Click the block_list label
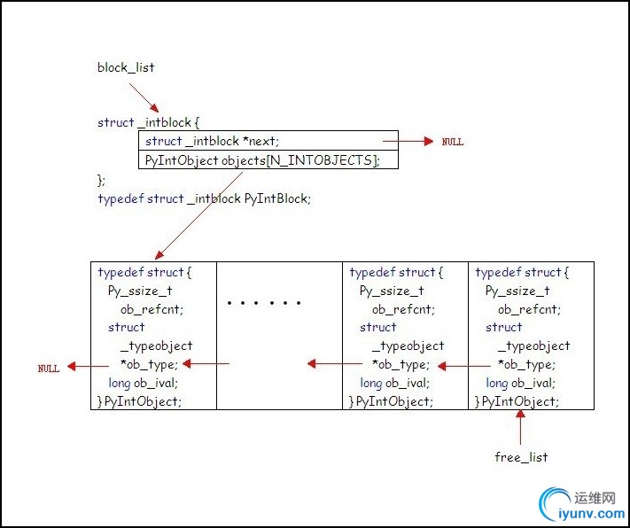[x=126, y=67]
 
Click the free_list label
[x=521, y=457]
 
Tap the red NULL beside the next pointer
[x=452, y=142]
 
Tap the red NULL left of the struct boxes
[x=49, y=368]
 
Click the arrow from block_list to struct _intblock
[x=144, y=100]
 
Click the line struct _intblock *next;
[x=212, y=141]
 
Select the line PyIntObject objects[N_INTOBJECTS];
[x=261, y=159]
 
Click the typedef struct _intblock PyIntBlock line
[x=204, y=198]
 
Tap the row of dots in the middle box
[x=264, y=303]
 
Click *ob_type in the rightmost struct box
[x=526, y=364]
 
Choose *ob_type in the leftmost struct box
[x=149, y=364]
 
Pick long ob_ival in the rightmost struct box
[x=521, y=383]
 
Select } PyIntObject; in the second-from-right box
[x=392, y=401]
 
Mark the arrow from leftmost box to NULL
[x=81, y=365]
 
